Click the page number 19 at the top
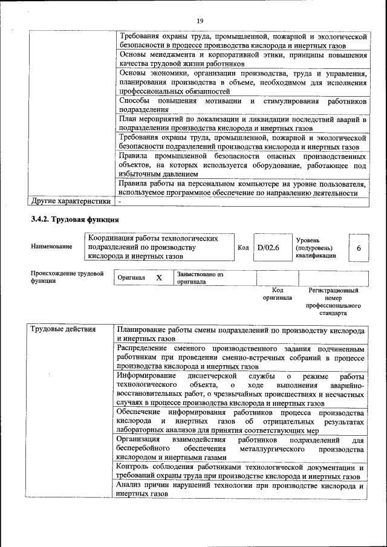[200, 21]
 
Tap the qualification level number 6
[359, 248]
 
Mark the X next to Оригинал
[159, 277]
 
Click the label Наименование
[51, 247]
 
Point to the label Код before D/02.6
[243, 248]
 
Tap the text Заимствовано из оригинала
[200, 278]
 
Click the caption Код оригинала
[277, 294]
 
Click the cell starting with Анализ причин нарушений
[241, 489]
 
